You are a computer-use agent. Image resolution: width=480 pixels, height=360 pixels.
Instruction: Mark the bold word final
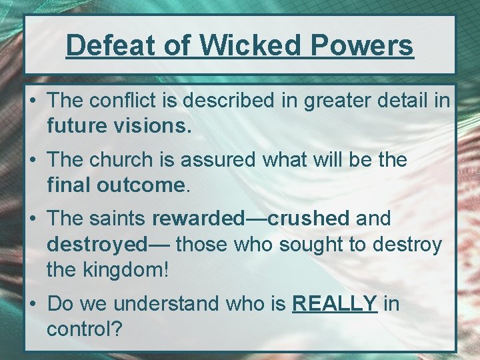coord(69,185)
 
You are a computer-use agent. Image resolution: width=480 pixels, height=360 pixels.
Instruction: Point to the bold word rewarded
coord(199,218)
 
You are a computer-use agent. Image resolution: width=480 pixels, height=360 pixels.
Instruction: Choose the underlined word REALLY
coord(335,303)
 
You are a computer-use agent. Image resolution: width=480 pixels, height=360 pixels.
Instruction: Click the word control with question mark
coord(83,329)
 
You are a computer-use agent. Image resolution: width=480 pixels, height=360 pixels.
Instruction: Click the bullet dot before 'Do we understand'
coord(33,304)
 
